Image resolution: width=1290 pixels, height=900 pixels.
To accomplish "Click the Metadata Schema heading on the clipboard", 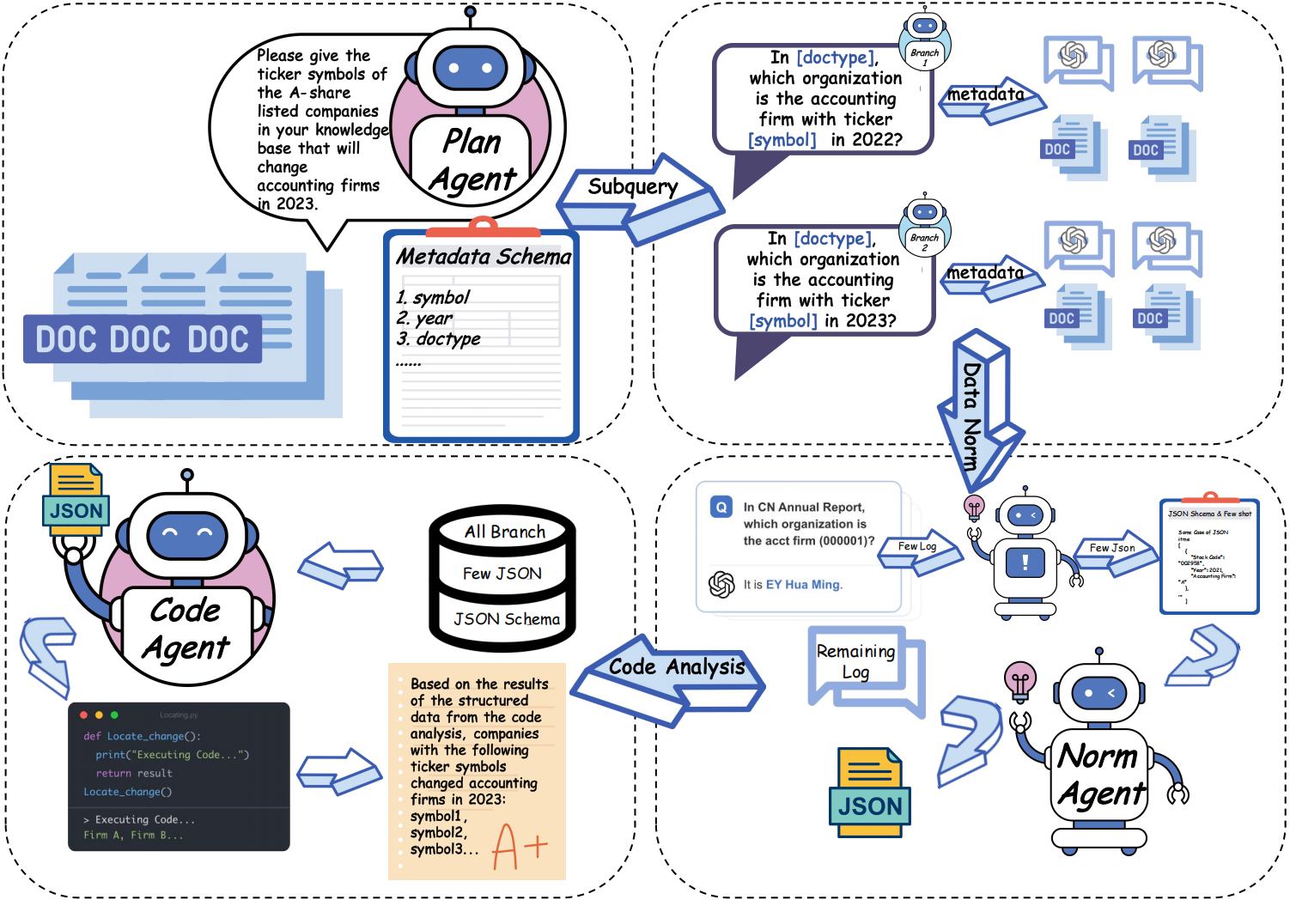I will pos(483,257).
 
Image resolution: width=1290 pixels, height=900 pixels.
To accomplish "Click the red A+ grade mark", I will pos(519,846).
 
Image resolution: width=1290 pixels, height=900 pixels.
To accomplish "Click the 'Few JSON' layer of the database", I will pos(502,574).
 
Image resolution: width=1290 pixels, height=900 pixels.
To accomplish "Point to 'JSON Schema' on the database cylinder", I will pos(506,619).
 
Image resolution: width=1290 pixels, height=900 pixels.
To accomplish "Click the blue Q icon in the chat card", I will pos(721,508).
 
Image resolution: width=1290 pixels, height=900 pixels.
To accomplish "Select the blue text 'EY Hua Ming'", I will pos(803,585).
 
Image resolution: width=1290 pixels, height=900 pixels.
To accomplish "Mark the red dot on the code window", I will pos(83,715).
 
